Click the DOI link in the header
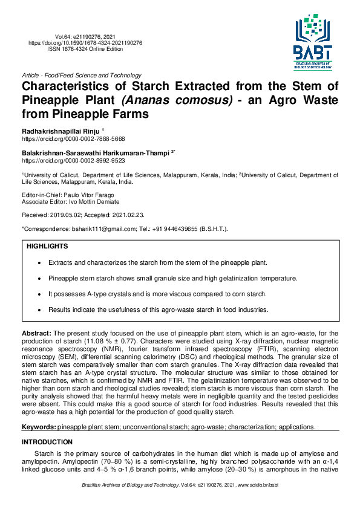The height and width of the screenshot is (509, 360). click(x=86, y=44)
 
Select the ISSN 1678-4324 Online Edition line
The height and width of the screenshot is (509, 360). click(x=86, y=50)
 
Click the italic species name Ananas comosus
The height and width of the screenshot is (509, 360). click(x=177, y=100)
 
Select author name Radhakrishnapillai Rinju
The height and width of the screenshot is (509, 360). click(x=61, y=131)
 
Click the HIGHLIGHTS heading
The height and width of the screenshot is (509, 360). click(x=47, y=247)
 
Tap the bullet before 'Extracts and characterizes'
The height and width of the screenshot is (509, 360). click(x=39, y=264)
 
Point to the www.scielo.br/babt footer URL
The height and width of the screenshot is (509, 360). click(x=258, y=485)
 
